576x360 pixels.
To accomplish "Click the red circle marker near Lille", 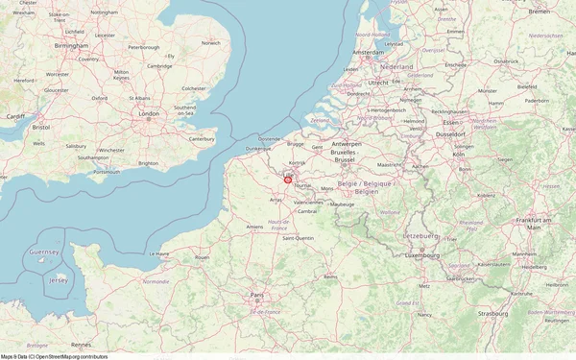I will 287,179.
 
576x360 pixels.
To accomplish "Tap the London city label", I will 148,114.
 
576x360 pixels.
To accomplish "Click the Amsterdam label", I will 369,52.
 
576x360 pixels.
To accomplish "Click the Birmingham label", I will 72,45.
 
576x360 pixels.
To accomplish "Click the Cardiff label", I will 15,116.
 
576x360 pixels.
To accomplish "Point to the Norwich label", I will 210,43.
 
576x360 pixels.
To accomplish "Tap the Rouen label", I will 202,257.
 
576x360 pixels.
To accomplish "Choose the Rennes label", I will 81,344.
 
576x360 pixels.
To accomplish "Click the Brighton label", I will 149,163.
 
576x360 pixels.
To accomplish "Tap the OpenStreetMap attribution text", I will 54,356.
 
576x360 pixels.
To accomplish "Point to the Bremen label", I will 540,12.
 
